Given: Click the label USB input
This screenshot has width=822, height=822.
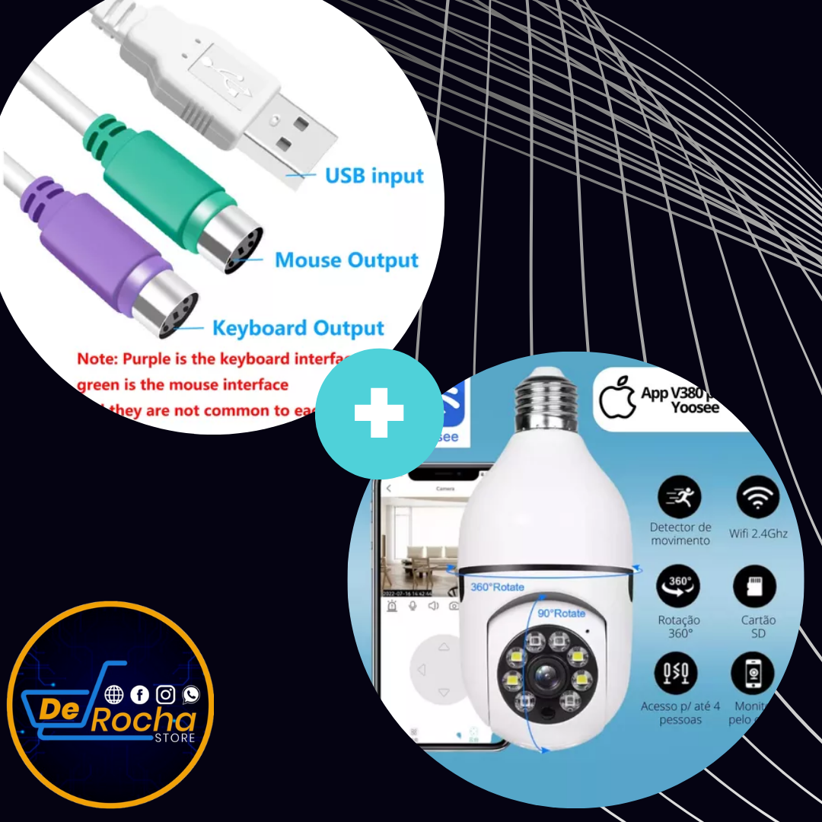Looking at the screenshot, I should point(374,176).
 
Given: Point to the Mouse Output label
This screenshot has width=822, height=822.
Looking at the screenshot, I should point(346,260).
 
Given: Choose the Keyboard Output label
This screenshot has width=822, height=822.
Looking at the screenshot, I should point(298,329).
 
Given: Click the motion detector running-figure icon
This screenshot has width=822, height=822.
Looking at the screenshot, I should point(679,498).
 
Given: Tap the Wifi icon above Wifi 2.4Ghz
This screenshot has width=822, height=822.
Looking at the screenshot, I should point(758,498).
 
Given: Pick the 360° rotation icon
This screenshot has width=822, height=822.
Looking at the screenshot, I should point(678,586).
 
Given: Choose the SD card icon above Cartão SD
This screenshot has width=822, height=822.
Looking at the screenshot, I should point(754,587).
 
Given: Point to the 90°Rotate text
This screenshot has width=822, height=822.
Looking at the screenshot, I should point(561,613).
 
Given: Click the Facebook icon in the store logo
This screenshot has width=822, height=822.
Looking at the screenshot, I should point(139,694).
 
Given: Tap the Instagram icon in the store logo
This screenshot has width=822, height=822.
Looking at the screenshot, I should point(165,694).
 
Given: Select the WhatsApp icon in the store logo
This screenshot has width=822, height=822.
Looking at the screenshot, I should point(190,694).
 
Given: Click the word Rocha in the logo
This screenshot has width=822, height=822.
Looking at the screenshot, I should point(144,720).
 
